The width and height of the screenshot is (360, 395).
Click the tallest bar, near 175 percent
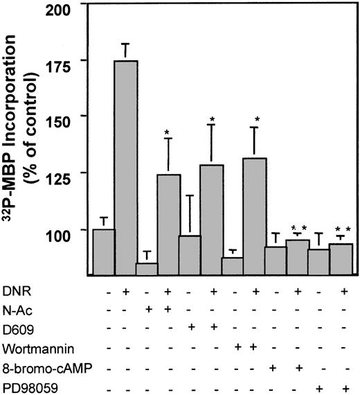[x=126, y=166]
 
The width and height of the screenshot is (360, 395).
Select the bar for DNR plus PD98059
[x=341, y=258]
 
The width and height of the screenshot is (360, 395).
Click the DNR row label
[x=15, y=290]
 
